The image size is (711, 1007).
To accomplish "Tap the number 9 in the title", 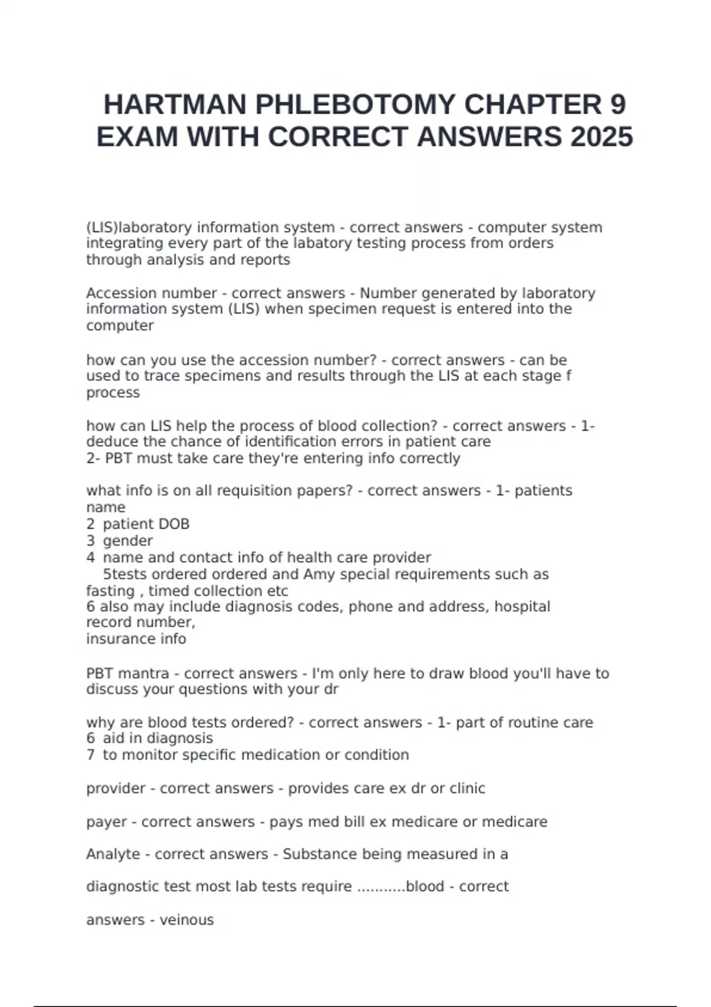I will pyautogui.click(x=617, y=105).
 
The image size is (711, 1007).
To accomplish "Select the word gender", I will pyautogui.click(x=128, y=541).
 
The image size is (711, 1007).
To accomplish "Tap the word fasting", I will pyautogui.click(x=111, y=591).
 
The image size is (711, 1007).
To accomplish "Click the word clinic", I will pyautogui.click(x=467, y=788).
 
